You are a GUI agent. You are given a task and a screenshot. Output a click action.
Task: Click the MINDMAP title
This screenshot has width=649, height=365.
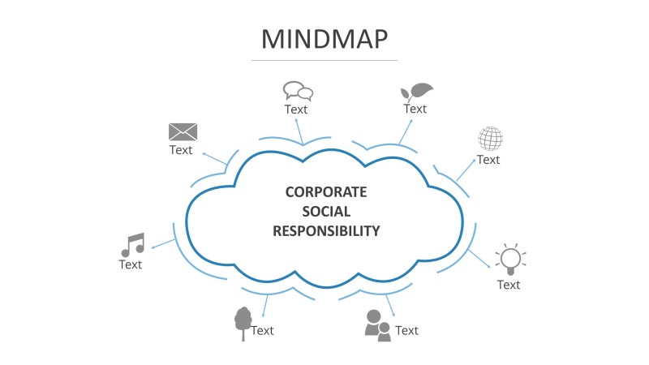pos(324,38)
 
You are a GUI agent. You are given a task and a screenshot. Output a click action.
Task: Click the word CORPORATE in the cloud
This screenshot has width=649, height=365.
pos(326,192)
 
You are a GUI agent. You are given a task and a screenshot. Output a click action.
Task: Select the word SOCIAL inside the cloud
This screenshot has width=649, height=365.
pos(326,212)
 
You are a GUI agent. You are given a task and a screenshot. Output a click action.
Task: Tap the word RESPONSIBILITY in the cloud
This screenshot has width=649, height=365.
pos(326,231)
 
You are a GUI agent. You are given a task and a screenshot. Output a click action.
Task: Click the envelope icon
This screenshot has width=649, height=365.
pos(183,131)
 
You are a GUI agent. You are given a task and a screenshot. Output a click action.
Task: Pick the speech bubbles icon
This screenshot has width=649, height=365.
pos(298,91)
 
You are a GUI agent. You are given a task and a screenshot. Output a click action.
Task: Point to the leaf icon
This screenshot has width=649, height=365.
pos(417,91)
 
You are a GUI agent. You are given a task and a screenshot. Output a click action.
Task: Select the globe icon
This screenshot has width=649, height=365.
pos(490,139)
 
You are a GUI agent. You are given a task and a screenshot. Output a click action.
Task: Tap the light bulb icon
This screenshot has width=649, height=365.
pos(509,259)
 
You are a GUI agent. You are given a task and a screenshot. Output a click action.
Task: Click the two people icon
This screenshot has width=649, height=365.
pos(377,325)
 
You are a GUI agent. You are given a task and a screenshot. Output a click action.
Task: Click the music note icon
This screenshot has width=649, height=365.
pos(132,245)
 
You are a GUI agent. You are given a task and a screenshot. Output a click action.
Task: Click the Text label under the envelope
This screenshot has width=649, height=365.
pos(181,150)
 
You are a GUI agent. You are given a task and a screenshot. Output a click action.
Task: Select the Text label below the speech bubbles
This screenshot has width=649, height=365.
pos(296,109)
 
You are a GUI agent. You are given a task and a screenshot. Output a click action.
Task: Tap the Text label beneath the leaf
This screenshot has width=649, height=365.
pos(415,109)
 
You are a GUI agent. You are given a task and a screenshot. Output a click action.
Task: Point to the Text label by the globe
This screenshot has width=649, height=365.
pos(488,160)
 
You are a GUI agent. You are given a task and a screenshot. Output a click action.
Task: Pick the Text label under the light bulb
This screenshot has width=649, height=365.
pos(509,285)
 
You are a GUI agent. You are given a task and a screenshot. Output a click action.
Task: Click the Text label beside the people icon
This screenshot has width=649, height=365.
pos(406,330)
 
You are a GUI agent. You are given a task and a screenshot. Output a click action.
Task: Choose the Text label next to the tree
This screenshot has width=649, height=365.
pos(262,330)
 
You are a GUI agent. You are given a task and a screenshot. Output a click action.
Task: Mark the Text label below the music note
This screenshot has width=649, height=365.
pos(131,264)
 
